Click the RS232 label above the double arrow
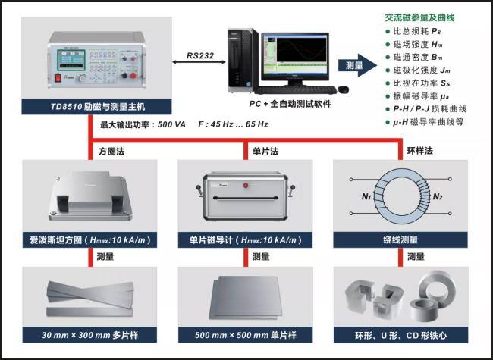click(x=200, y=55)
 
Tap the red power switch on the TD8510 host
click(x=58, y=77)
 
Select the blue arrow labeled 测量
click(x=357, y=65)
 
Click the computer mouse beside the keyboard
click(x=344, y=89)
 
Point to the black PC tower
click(x=242, y=61)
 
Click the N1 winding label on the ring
click(x=366, y=196)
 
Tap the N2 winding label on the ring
click(x=438, y=196)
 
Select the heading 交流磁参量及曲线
click(x=419, y=17)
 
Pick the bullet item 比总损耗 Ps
click(x=413, y=31)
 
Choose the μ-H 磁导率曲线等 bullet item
click(x=425, y=122)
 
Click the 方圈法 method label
click(x=111, y=152)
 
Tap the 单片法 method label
click(x=265, y=152)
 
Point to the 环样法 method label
click(x=420, y=151)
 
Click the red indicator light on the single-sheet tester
click(x=246, y=186)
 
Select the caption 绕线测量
click(x=400, y=240)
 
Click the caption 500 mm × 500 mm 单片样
click(x=245, y=335)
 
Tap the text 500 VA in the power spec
click(x=171, y=124)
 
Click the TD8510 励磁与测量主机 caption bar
click(x=96, y=107)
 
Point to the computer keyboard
click(x=296, y=90)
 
